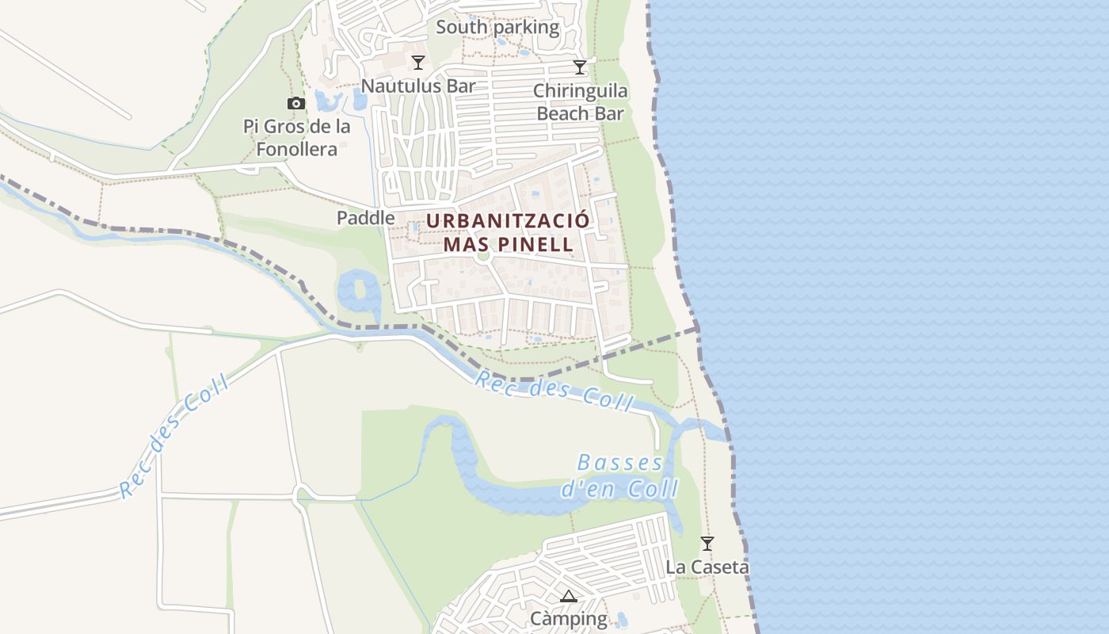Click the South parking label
[x=497, y=28]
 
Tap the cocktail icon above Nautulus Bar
[x=418, y=63]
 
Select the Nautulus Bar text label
[x=417, y=86]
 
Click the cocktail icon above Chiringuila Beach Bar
[x=580, y=67]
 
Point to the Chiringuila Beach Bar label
[x=580, y=102]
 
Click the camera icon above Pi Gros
[x=295, y=103]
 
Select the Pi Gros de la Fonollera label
[x=296, y=138]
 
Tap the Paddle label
[x=365, y=218]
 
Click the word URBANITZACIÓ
[x=508, y=220]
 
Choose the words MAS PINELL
[x=508, y=243]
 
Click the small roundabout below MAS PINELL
[x=484, y=256]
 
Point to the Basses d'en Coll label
[x=620, y=476]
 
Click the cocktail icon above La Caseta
[x=707, y=544]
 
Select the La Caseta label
[x=707, y=567]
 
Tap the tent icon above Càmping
[x=568, y=596]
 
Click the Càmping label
[x=568, y=618]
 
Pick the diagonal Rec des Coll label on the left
[x=174, y=436]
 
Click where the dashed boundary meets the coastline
[x=697, y=327]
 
